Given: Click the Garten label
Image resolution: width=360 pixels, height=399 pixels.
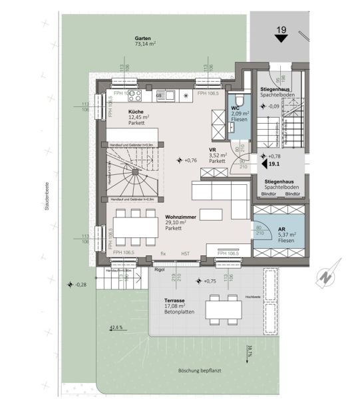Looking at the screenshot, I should click(140, 39).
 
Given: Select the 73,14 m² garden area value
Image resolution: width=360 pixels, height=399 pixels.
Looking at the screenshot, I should click(146, 46).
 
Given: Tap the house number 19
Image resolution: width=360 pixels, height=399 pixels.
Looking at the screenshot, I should click(280, 29).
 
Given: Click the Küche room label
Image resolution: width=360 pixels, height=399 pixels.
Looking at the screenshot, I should click(137, 112).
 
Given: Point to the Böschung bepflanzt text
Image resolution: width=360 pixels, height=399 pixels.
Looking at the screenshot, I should click(190, 372).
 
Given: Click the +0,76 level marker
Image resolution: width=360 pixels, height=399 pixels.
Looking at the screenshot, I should click(190, 160).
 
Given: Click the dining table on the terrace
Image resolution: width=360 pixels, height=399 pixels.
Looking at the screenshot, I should click(224, 308).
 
